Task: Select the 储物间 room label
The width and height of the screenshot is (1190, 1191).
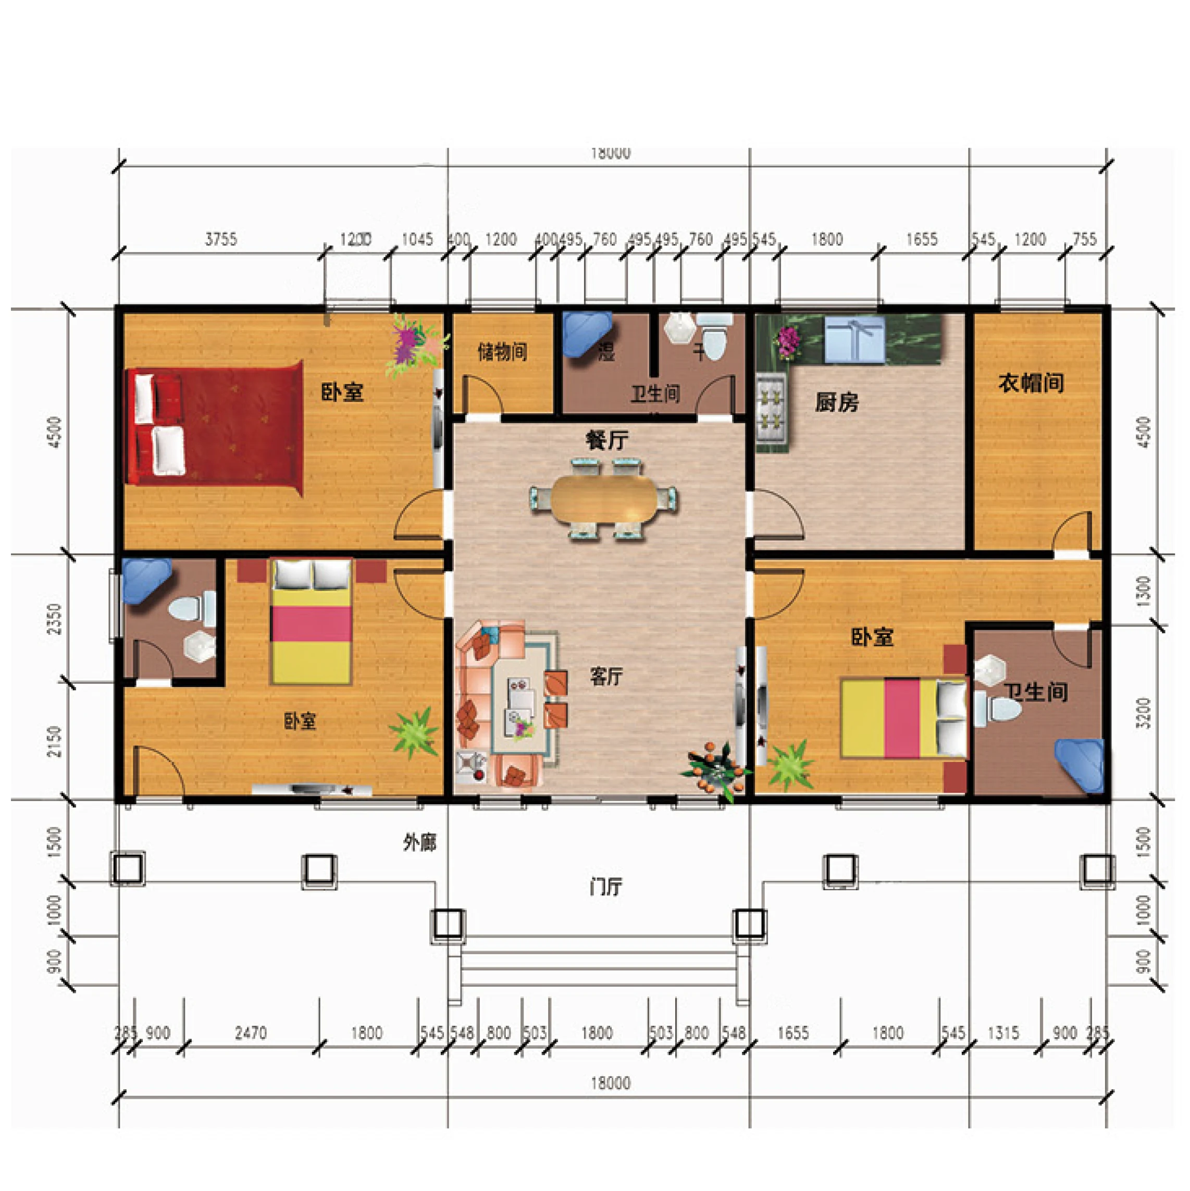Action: pos(502,352)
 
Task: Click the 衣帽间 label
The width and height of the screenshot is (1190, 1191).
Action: pos(1031,383)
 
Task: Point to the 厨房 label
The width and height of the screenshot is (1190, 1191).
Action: pos(836,402)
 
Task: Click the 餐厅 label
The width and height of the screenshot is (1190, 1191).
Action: pos(606,440)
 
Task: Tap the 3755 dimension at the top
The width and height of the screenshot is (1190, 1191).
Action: pos(220,239)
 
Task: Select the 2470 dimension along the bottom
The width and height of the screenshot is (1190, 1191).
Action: pos(251,1033)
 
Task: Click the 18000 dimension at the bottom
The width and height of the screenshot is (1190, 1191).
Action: pos(610,1083)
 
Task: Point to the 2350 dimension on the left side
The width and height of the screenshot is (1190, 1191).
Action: pos(55,618)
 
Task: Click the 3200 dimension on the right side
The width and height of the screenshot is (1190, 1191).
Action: pos(1143,713)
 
